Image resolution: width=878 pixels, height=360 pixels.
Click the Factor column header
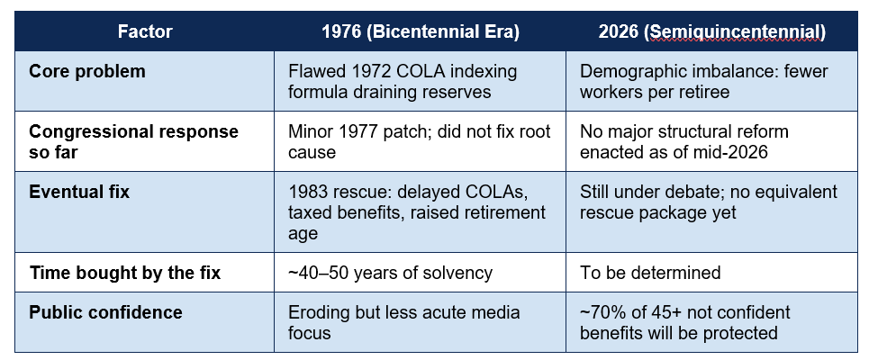click(x=145, y=31)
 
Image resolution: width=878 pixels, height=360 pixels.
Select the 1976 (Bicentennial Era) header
click(x=421, y=31)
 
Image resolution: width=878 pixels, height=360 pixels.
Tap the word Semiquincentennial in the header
click(x=734, y=31)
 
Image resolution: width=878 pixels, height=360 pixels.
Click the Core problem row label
click(x=86, y=72)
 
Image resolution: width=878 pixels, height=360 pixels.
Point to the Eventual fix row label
click(x=79, y=192)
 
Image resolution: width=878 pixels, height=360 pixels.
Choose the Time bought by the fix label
click(x=125, y=273)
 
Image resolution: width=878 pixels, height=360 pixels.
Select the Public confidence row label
click(x=105, y=312)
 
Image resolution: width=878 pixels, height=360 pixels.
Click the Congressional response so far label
click(x=133, y=141)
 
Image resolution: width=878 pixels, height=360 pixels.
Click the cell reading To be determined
click(x=650, y=273)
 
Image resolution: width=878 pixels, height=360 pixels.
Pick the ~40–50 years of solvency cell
click(x=390, y=273)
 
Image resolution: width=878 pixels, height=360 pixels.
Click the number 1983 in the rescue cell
click(x=307, y=192)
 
